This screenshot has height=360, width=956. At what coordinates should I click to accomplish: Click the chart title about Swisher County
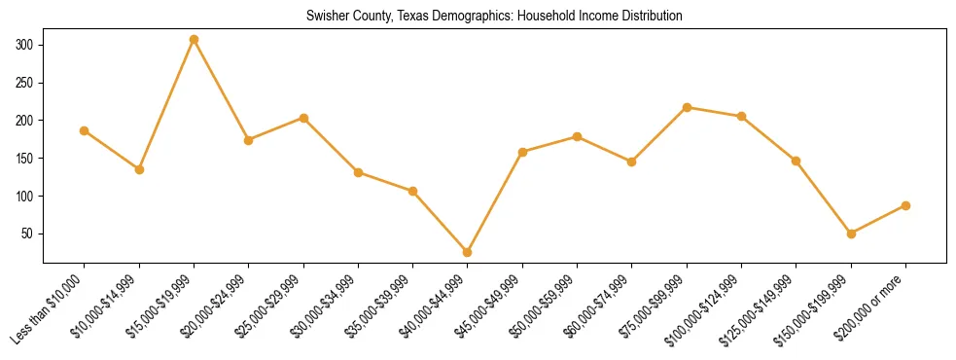click(x=494, y=17)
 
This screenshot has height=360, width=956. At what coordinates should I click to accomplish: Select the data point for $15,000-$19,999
click(x=195, y=40)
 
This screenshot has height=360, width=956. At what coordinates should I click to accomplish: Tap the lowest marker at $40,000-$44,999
click(x=468, y=252)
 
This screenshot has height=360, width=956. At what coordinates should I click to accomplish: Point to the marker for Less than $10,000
click(x=85, y=130)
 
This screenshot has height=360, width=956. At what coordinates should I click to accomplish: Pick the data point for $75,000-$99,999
click(x=688, y=107)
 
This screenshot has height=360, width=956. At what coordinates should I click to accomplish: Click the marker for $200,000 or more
click(x=906, y=205)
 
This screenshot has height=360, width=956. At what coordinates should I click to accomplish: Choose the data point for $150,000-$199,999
click(x=852, y=234)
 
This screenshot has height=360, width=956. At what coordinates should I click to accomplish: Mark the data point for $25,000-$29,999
click(x=303, y=118)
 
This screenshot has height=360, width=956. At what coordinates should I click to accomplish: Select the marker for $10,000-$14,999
click(x=139, y=169)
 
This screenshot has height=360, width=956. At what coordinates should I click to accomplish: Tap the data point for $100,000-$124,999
click(x=742, y=116)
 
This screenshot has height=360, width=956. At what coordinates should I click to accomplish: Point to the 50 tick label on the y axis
click(x=28, y=234)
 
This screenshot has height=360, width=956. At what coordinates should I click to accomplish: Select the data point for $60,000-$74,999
click(x=632, y=162)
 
